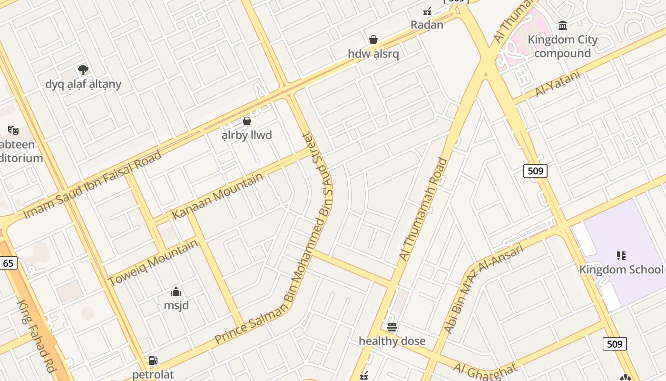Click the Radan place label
427,25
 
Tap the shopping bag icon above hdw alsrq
373,40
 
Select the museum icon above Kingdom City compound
563,25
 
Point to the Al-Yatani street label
558,84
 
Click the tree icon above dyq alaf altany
83,70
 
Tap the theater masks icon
13,130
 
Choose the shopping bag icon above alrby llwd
246,121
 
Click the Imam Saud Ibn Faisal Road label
92,184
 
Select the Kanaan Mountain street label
217,196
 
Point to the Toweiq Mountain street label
153,262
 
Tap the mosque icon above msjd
176,291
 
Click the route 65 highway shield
9,263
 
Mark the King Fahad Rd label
37,336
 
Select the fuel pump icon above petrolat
153,361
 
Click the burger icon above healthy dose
392,327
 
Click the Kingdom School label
621,270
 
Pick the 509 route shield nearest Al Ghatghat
615,344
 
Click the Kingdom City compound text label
562,46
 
